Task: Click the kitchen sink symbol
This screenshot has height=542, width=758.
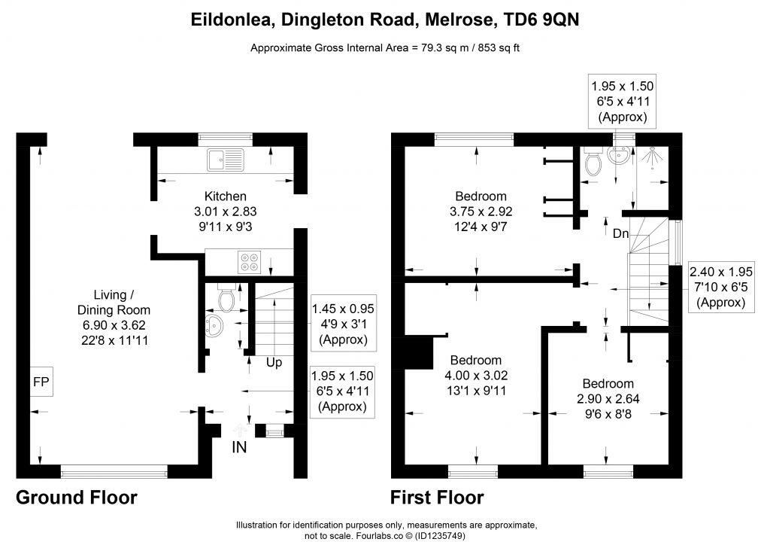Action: [x=226, y=160]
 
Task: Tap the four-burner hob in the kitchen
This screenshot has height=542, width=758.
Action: [x=250, y=262]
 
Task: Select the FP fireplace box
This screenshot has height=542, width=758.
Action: [x=41, y=382]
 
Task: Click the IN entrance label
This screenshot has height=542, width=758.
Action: [x=239, y=447]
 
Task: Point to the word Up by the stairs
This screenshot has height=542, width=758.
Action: [x=274, y=363]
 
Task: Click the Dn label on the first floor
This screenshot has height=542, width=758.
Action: [x=620, y=233]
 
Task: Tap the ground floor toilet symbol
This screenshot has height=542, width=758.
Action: [x=226, y=297]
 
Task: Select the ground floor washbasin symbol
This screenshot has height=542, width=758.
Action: [x=214, y=325]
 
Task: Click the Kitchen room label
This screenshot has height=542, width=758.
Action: [x=226, y=196]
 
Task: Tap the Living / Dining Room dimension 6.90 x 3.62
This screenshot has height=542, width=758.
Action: [x=114, y=325]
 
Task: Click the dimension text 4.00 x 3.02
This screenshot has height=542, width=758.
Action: [x=476, y=376]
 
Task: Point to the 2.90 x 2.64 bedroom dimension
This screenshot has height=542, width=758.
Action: [x=608, y=399]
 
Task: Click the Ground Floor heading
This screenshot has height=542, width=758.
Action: [x=77, y=498]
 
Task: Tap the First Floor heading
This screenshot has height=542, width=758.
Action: [x=437, y=498]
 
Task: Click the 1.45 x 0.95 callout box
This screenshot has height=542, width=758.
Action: [x=343, y=323]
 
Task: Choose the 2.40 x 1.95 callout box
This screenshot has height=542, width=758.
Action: [x=720, y=288]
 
